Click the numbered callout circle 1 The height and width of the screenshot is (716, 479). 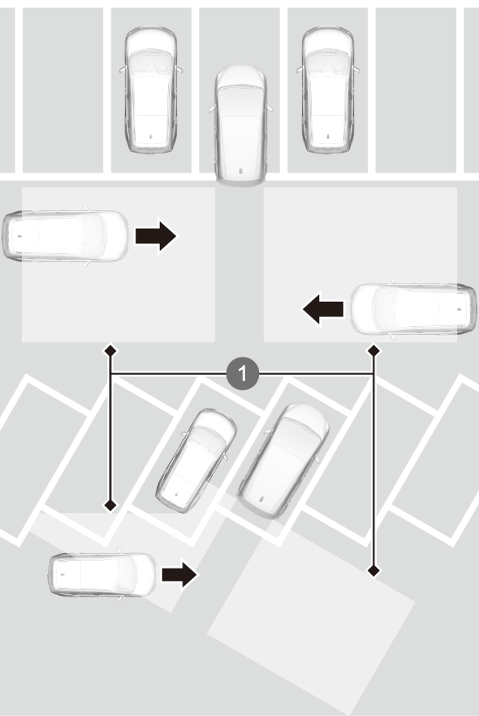point(243,373)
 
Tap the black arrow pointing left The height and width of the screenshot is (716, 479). point(324,308)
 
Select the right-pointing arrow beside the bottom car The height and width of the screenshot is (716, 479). point(180,574)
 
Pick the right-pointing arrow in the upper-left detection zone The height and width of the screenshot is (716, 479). point(155,235)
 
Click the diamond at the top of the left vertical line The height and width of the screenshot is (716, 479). point(110,351)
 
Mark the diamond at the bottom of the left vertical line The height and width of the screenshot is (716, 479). point(110,505)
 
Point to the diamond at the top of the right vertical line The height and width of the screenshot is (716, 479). point(374,351)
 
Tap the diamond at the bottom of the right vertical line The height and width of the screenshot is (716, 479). point(374,570)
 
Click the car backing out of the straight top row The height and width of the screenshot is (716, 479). point(241,125)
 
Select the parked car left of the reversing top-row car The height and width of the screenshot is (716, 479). point(151,90)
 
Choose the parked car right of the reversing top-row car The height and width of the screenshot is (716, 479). point(327,90)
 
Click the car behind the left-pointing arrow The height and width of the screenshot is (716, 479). point(414,309)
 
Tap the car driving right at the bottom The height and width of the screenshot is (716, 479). point(102,574)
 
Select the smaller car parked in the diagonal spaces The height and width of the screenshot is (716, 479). point(196,460)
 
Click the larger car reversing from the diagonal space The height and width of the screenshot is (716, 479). point(284,460)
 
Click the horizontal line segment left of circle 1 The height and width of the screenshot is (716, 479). point(168,374)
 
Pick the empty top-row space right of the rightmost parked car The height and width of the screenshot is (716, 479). point(415,90)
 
